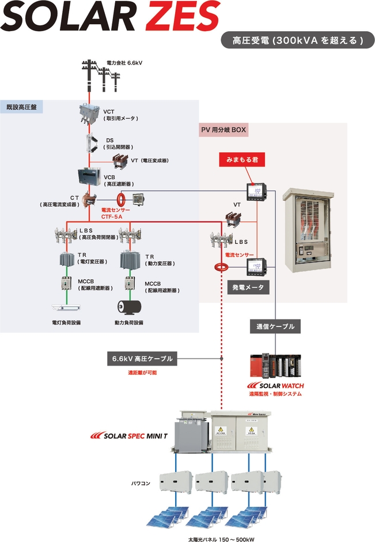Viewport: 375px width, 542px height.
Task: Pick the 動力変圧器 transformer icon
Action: point(130,261)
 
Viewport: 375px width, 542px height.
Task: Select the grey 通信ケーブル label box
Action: point(275,326)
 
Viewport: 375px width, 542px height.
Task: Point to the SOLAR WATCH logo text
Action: point(275,385)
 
